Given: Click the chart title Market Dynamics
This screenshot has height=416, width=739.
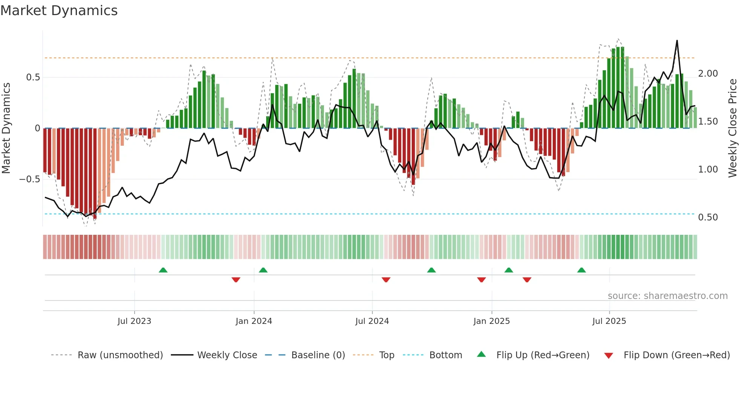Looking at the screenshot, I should [x=59, y=11].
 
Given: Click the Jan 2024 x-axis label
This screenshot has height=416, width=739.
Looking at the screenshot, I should [x=254, y=321].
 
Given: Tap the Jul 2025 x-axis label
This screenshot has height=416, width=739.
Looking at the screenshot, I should [x=609, y=321].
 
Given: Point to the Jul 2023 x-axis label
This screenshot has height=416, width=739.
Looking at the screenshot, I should [x=134, y=321].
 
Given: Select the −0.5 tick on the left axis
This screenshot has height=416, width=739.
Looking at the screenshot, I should [x=29, y=179].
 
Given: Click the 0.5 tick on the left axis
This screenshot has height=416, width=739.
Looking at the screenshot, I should [x=33, y=77].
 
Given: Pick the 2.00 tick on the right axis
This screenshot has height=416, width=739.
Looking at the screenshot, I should [x=708, y=74].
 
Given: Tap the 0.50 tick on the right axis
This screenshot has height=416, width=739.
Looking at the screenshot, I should [x=708, y=217].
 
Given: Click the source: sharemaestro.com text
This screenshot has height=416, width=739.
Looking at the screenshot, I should [x=667, y=296].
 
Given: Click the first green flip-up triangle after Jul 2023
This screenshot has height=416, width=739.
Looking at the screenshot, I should [x=163, y=270].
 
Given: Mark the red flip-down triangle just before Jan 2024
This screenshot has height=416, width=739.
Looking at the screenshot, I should [x=236, y=280].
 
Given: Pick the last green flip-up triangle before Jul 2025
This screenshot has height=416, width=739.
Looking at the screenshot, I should [x=581, y=270].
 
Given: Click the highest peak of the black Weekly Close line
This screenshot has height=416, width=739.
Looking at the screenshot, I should [x=677, y=41].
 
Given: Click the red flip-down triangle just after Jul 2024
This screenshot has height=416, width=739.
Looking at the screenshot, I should [x=386, y=280].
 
